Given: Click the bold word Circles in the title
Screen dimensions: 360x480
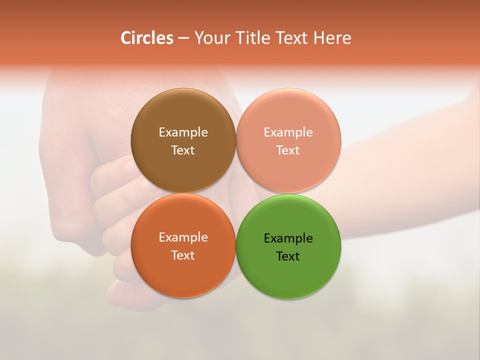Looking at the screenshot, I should tap(147, 38).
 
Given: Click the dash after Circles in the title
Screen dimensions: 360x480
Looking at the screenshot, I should tap(183, 38).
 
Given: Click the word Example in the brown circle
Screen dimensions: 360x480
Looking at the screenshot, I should tap(183, 132).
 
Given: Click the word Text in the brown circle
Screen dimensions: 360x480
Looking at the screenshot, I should tap(183, 150).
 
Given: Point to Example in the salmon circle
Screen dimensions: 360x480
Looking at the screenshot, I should tap(288, 132).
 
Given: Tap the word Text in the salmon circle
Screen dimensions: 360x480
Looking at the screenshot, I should tap(288, 150).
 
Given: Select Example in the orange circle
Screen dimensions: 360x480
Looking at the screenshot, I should tap(183, 237).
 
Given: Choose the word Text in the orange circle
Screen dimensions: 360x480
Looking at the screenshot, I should tap(183, 255).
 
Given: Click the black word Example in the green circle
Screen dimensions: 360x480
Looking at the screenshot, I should tap(288, 238).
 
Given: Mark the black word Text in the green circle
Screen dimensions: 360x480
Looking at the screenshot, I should tap(288, 256).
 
